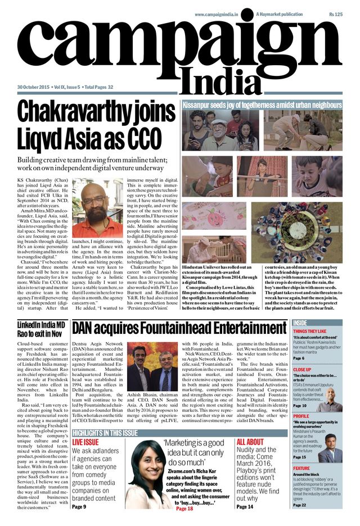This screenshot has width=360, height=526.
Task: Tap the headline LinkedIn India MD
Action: (x=40, y=325)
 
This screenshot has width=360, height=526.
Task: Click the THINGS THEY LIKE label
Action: (x=309, y=332)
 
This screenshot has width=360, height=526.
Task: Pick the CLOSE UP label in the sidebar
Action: (x=302, y=370)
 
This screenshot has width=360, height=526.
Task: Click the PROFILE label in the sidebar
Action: (x=301, y=416)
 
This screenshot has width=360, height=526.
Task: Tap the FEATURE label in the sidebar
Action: (x=301, y=468)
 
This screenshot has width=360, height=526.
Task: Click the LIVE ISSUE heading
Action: (x=85, y=442)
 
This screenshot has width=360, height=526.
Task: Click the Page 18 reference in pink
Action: (x=184, y=508)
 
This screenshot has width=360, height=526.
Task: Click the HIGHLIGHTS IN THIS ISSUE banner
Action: (x=105, y=433)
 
